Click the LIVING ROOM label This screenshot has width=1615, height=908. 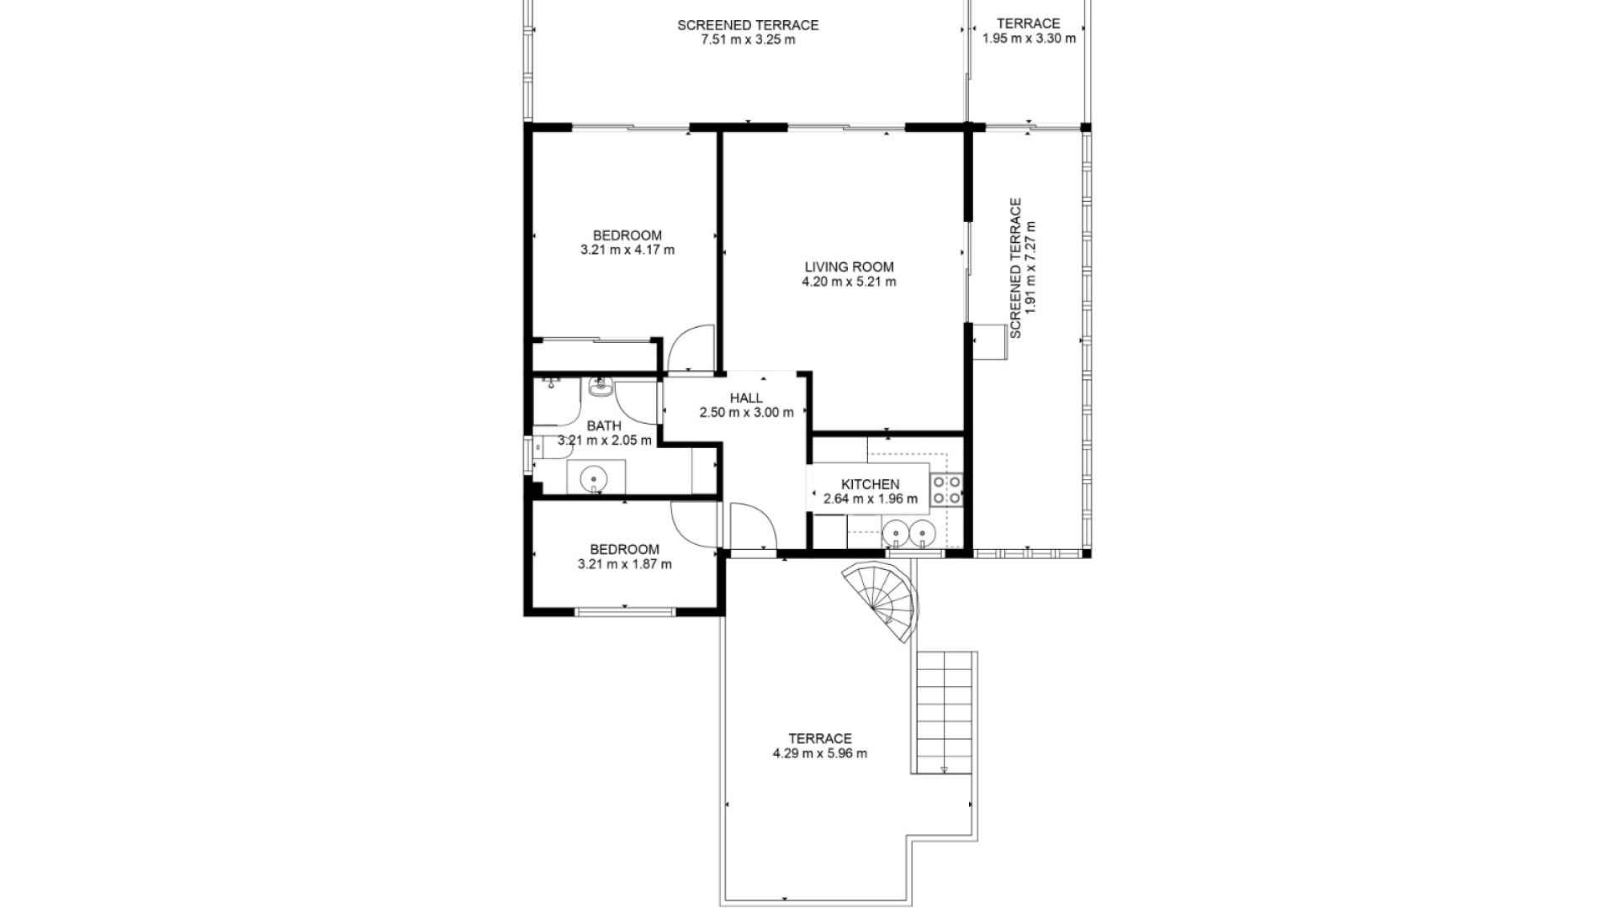point(849,267)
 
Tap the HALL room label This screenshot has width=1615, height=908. point(746,398)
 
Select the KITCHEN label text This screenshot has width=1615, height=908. point(871,484)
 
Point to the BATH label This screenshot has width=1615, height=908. point(604,425)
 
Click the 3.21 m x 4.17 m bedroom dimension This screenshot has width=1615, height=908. point(627,250)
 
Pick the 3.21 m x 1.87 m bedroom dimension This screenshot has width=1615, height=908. point(625,564)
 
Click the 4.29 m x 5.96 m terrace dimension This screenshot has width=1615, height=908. point(820,753)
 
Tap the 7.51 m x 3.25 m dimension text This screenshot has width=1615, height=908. point(748,40)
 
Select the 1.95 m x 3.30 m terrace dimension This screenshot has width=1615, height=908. point(1029,38)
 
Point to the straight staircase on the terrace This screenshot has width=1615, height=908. point(945,712)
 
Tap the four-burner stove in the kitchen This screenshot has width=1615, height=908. point(946,489)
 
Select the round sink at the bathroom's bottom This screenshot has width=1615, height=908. point(594,478)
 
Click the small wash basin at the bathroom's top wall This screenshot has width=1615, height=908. point(601,388)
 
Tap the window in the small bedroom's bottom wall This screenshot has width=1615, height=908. point(625,611)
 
